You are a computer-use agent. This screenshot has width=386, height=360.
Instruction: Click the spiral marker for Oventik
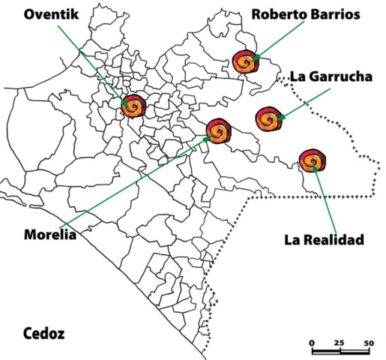(x=133, y=106)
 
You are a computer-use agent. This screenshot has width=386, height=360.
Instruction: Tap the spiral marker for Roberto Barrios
(x=245, y=61)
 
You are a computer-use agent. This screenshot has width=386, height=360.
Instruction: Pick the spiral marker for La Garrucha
(x=268, y=118)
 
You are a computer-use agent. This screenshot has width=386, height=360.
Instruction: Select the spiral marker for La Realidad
(x=312, y=160)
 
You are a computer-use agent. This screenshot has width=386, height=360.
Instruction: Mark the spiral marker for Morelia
(x=220, y=131)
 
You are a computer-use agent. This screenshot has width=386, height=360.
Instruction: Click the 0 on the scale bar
(x=312, y=343)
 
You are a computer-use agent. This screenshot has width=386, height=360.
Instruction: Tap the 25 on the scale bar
(x=339, y=343)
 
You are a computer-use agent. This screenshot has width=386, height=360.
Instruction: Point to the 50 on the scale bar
(x=368, y=343)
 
